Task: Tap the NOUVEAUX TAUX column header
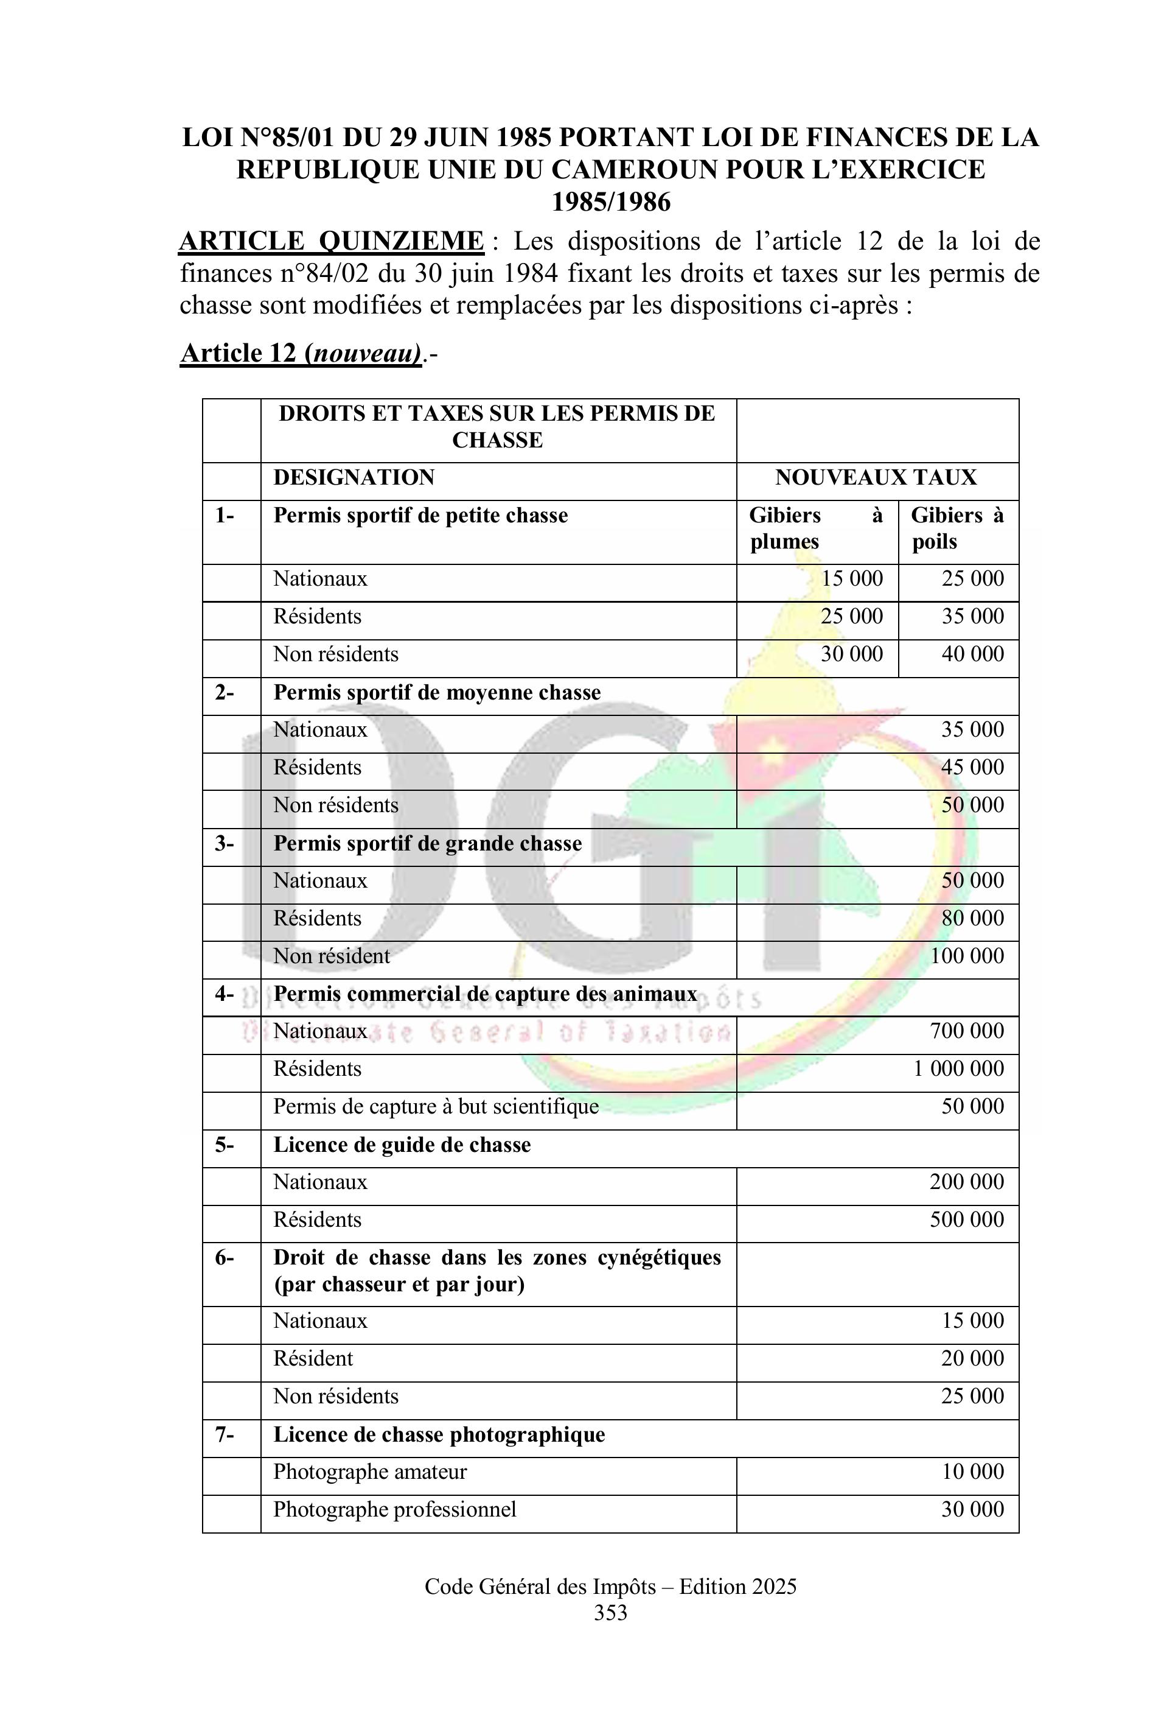pos(876,478)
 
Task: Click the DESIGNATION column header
pos(354,478)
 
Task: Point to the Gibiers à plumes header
pos(815,528)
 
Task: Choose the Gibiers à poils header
pos(957,528)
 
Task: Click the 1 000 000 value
pos(958,1068)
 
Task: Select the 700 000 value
pos(967,1031)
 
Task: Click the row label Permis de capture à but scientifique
pos(436,1107)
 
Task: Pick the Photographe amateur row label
pos(370,1472)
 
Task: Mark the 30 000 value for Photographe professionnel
pos(972,1509)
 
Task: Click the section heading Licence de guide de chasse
pos(402,1145)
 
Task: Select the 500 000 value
pos(967,1219)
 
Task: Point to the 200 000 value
pos(967,1182)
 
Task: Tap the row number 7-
pos(225,1434)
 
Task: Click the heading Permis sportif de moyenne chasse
pos(437,693)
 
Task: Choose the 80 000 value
pos(972,918)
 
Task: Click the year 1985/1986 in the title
pos(610,202)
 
